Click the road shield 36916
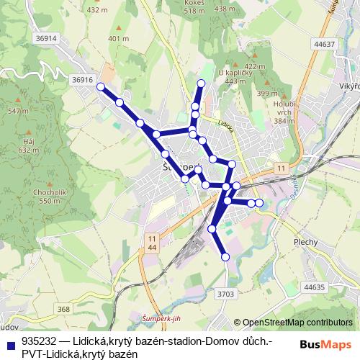coord(83,80)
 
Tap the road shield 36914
coord(45,38)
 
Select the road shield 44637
coord(325,44)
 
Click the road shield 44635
coord(315,287)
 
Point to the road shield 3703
coord(225,293)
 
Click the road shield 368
coord(64,309)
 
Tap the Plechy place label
coord(305,242)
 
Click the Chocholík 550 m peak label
coord(49,197)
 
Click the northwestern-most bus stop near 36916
coord(101,87)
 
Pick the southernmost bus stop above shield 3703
coord(225,256)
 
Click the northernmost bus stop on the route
coord(201,84)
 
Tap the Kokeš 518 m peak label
coord(195,7)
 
